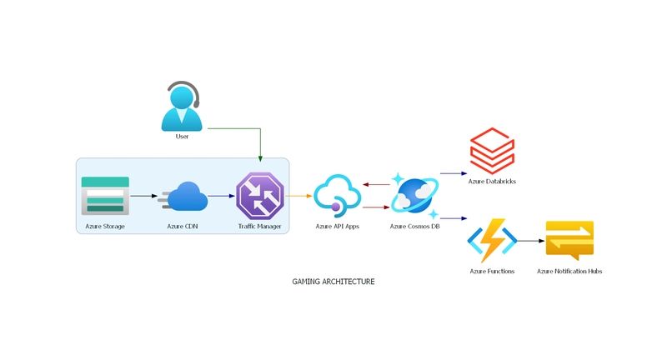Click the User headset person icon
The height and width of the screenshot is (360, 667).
click(182, 106)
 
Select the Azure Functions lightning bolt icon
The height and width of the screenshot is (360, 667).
click(492, 241)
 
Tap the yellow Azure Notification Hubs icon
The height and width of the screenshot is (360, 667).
click(569, 241)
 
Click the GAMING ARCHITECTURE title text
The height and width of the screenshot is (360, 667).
click(333, 282)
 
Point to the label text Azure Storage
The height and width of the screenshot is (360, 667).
click(105, 227)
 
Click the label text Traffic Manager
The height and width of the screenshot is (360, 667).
click(260, 227)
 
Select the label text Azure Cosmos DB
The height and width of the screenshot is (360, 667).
click(414, 227)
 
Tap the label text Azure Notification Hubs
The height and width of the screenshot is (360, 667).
click(569, 272)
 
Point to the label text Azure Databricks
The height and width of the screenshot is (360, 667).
click(492, 181)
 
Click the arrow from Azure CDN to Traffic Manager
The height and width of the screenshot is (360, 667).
click(221, 197)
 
